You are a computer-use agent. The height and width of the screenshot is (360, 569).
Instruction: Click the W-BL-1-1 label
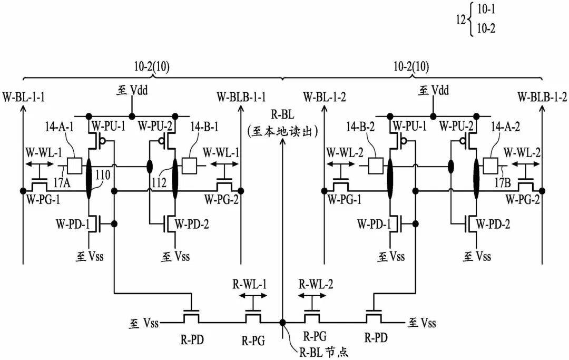tap(24, 98)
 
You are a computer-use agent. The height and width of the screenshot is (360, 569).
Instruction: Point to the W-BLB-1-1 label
tap(241, 98)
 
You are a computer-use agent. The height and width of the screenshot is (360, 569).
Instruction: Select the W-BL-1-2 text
tap(325, 98)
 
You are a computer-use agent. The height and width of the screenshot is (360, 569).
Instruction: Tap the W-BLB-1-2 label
tap(542, 98)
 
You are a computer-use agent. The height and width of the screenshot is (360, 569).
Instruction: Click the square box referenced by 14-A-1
tap(75, 166)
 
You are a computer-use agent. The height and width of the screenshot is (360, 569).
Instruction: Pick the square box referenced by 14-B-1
tap(189, 166)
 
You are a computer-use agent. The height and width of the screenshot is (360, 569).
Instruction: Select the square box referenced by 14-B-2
tap(376, 166)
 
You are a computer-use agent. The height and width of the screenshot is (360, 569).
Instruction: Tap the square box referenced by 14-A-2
tap(490, 166)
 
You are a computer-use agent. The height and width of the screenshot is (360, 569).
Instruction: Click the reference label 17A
tap(62, 183)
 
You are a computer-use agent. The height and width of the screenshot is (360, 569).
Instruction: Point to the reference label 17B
tap(503, 183)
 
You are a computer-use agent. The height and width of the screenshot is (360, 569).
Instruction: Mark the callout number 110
tap(103, 176)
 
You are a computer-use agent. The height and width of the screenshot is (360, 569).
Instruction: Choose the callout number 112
tap(159, 182)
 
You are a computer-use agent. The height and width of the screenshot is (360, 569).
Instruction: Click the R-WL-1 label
tap(250, 284)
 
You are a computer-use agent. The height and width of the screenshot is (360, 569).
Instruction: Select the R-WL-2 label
tap(316, 284)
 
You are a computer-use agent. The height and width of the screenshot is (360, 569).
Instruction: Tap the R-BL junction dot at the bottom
tap(282, 322)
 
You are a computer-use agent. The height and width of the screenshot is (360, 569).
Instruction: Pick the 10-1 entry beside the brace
tap(486, 10)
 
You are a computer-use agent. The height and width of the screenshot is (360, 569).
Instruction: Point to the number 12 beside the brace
tap(461, 20)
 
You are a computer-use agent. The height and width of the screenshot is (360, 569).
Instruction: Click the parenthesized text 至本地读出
tap(283, 131)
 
